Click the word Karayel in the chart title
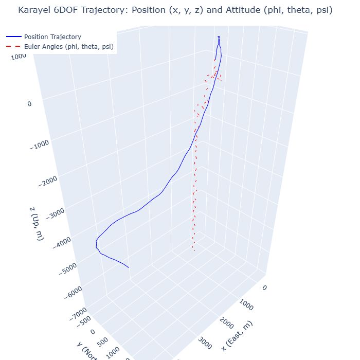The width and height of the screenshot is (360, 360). (33, 10)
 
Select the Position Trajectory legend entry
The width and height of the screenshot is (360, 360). (52, 37)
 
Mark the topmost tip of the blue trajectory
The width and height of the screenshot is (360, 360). (219, 37)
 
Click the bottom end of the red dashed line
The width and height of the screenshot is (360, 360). (193, 250)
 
